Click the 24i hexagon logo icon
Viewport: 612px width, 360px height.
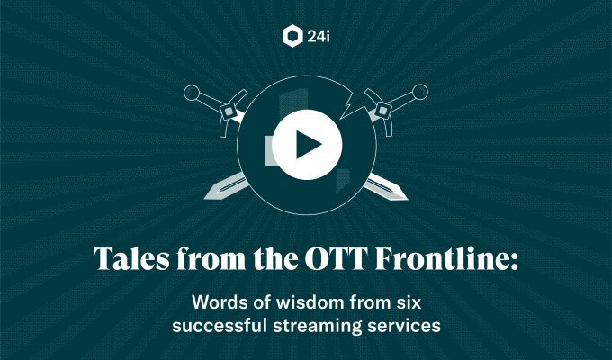click(x=292, y=36)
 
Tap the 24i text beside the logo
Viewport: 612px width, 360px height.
click(x=319, y=37)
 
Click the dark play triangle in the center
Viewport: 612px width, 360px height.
click(x=309, y=145)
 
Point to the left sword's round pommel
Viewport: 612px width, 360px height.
click(x=192, y=93)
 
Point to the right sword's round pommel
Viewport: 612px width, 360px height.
click(x=420, y=92)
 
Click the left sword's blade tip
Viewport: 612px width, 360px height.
click(x=205, y=198)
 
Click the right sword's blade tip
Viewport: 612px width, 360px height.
click(x=407, y=198)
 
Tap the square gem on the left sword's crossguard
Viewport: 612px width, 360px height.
click(x=229, y=112)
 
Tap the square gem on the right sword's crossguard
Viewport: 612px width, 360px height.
click(x=382, y=112)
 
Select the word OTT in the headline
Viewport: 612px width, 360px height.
click(x=337, y=258)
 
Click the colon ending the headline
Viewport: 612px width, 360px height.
click(x=513, y=262)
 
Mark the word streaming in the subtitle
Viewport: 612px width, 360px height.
click(x=318, y=327)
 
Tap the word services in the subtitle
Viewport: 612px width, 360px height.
click(x=404, y=326)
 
